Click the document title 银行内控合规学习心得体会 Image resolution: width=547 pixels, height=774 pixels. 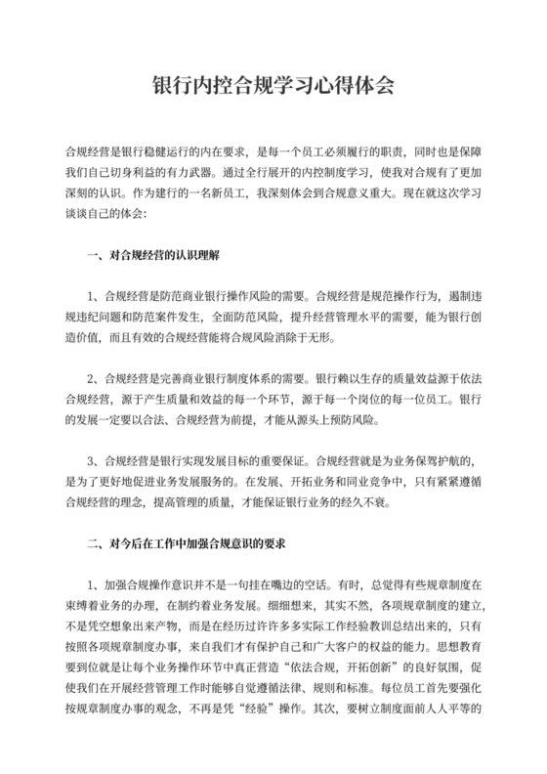[x=273, y=85]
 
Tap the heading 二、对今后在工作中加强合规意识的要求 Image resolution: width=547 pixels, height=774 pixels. [x=186, y=540]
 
